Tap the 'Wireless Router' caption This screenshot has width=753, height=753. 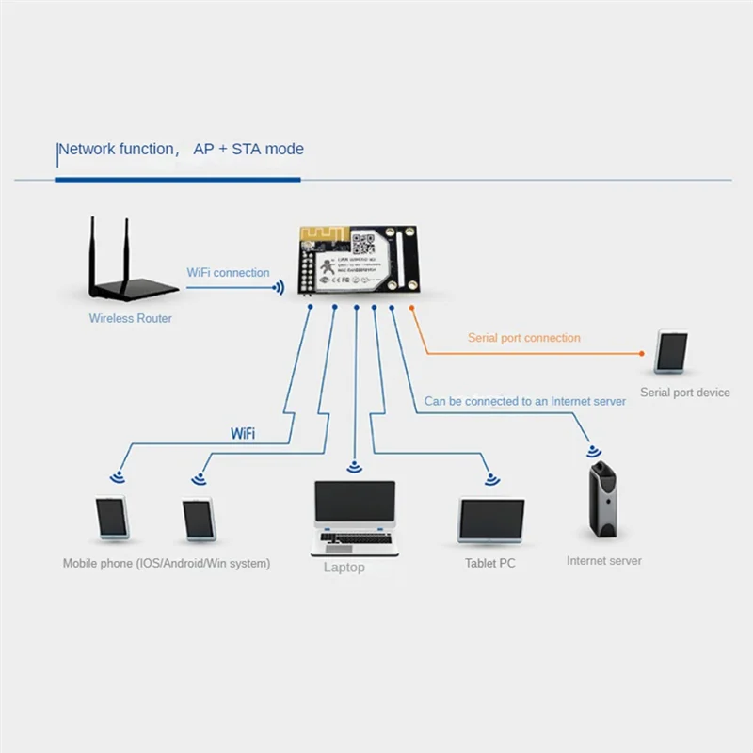coord(131,318)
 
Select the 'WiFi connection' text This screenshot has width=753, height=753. coord(228,273)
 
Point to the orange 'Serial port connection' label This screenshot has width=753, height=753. coord(524,338)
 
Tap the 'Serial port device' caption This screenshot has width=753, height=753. coord(684,393)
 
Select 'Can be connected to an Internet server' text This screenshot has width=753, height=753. coord(524,401)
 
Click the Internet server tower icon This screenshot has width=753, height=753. coord(602,499)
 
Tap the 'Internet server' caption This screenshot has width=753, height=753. coord(604,561)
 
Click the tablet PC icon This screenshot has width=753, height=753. coord(490,521)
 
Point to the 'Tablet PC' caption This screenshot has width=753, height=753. coord(490,563)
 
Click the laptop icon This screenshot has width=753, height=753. coord(353,518)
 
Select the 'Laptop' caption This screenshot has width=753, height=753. coord(344,568)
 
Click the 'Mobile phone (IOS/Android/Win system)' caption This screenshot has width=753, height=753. coord(167,563)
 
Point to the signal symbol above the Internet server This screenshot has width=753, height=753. coord(594,451)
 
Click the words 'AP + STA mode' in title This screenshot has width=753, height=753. coord(248,149)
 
